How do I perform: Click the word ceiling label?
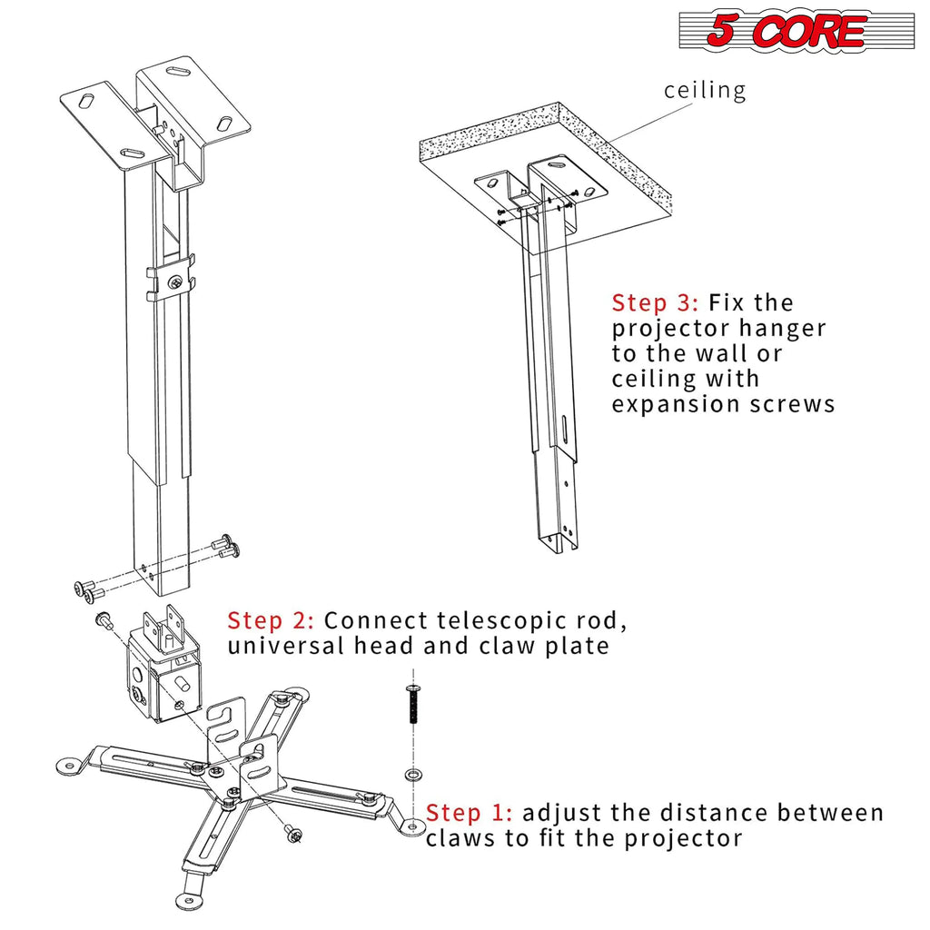pyautogui.click(x=705, y=90)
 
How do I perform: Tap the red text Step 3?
pyautogui.click(x=656, y=302)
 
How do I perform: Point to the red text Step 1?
pyautogui.click(x=470, y=812)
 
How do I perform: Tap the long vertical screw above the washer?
pyautogui.click(x=412, y=705)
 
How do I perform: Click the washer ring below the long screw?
pyautogui.click(x=413, y=774)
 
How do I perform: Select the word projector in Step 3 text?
pyautogui.click(x=674, y=328)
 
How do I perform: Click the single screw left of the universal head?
pyautogui.click(x=103, y=620)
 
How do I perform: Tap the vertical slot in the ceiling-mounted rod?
pyautogui.click(x=564, y=427)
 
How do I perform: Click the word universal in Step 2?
pyautogui.click(x=284, y=646)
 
